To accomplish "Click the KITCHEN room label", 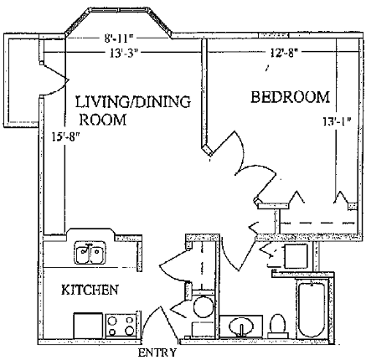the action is coord(90,290).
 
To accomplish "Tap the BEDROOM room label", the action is coord(291,97).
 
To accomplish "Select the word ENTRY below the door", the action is coord(157,352).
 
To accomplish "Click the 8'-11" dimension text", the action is coord(118,39).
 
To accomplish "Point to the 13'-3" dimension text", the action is coord(124,53).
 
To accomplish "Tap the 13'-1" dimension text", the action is coord(337,121).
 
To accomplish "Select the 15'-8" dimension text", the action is coord(66,136).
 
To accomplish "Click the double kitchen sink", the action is coord(90,252).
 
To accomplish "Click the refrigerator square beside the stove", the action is coord(88,326).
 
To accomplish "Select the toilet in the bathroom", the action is coord(277,326).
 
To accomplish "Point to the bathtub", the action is coord(312,309).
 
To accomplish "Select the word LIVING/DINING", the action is coord(133,101).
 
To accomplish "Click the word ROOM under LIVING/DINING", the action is coord(103,120).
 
